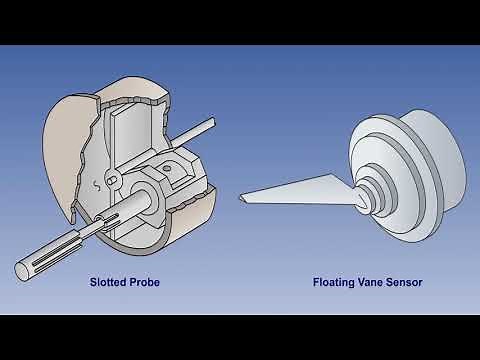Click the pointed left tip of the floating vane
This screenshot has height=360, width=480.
239,199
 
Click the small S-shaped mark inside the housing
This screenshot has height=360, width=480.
95,183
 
